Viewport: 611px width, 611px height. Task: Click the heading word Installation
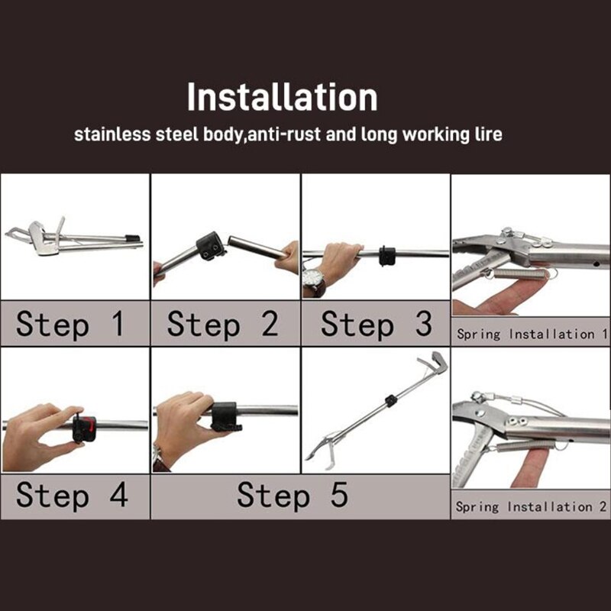[x=283, y=98]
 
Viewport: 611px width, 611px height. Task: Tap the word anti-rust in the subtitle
[x=293, y=135]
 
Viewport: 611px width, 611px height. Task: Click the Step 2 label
[x=222, y=324]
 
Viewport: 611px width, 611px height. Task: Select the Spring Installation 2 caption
[x=531, y=506]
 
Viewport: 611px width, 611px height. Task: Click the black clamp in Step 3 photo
[x=386, y=254]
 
